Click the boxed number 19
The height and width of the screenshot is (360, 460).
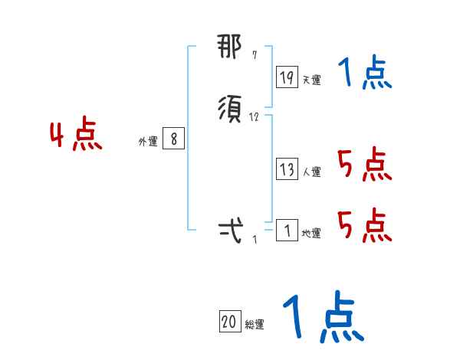[x=287, y=77]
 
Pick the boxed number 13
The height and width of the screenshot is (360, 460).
[x=287, y=170]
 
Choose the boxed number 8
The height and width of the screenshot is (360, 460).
[x=174, y=139]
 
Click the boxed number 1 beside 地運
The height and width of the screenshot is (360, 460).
[x=287, y=231]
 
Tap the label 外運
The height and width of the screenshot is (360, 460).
[x=148, y=142]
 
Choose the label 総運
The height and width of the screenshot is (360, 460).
[x=255, y=325]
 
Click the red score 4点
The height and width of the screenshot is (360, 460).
[x=77, y=136]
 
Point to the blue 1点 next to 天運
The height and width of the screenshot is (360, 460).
[x=365, y=74]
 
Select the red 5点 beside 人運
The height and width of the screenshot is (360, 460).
[x=365, y=165]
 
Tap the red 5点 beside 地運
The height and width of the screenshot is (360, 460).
[x=365, y=224]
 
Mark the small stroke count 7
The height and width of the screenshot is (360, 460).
[x=255, y=56]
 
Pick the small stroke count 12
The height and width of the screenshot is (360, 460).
[x=255, y=118]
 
